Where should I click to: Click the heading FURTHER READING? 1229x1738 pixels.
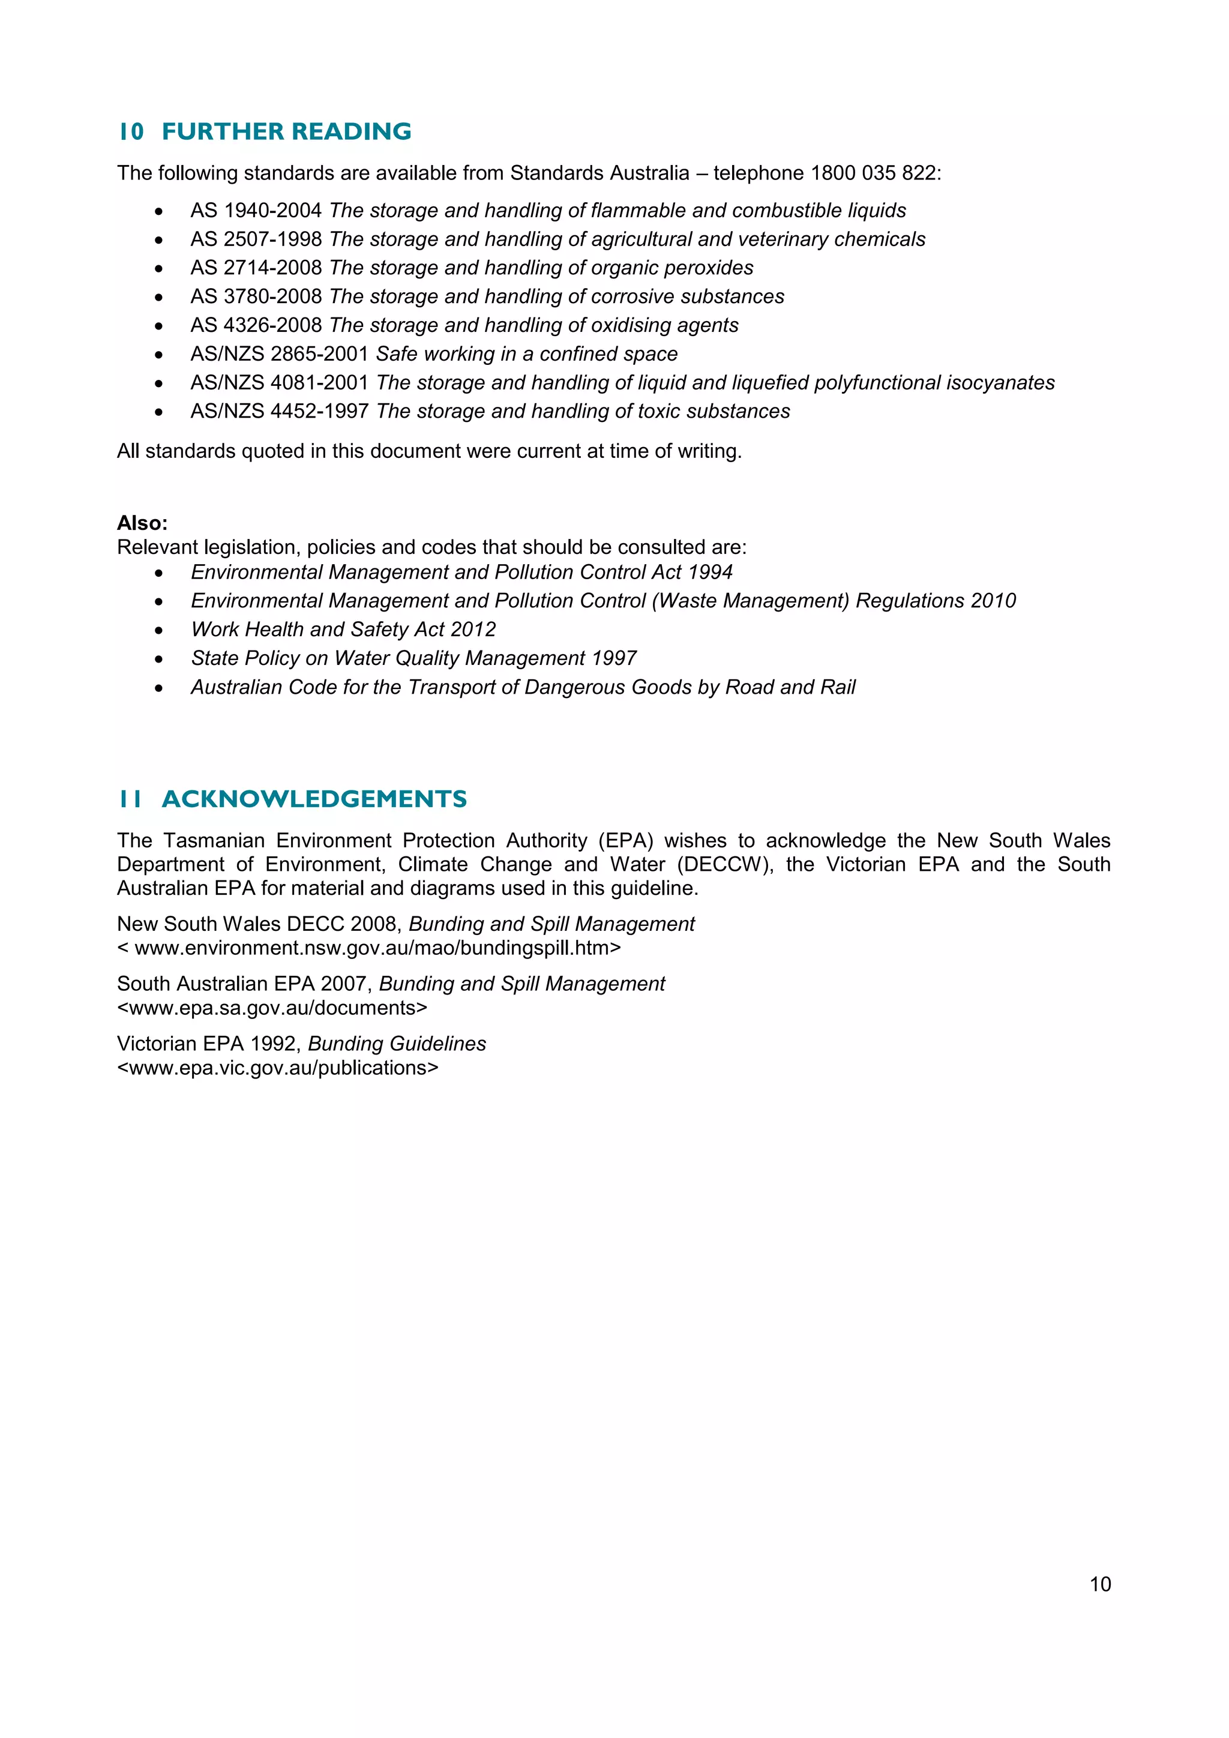(286, 131)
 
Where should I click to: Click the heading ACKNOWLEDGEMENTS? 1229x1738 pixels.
(314, 799)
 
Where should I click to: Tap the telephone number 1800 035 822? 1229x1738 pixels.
(873, 173)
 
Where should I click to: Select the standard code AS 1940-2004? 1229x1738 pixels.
(256, 211)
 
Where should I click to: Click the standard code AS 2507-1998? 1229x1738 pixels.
(256, 239)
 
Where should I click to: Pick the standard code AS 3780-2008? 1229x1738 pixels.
(256, 296)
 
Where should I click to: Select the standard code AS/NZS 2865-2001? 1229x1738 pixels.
(279, 354)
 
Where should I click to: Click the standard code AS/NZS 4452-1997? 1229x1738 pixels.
(279, 412)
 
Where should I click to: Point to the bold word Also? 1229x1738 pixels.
(142, 523)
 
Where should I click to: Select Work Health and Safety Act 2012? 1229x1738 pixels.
(343, 630)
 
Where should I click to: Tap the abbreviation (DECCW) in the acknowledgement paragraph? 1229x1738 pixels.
(728, 864)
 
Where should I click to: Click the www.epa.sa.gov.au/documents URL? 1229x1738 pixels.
(272, 1008)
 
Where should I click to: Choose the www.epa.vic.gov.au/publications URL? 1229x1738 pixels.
(278, 1068)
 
